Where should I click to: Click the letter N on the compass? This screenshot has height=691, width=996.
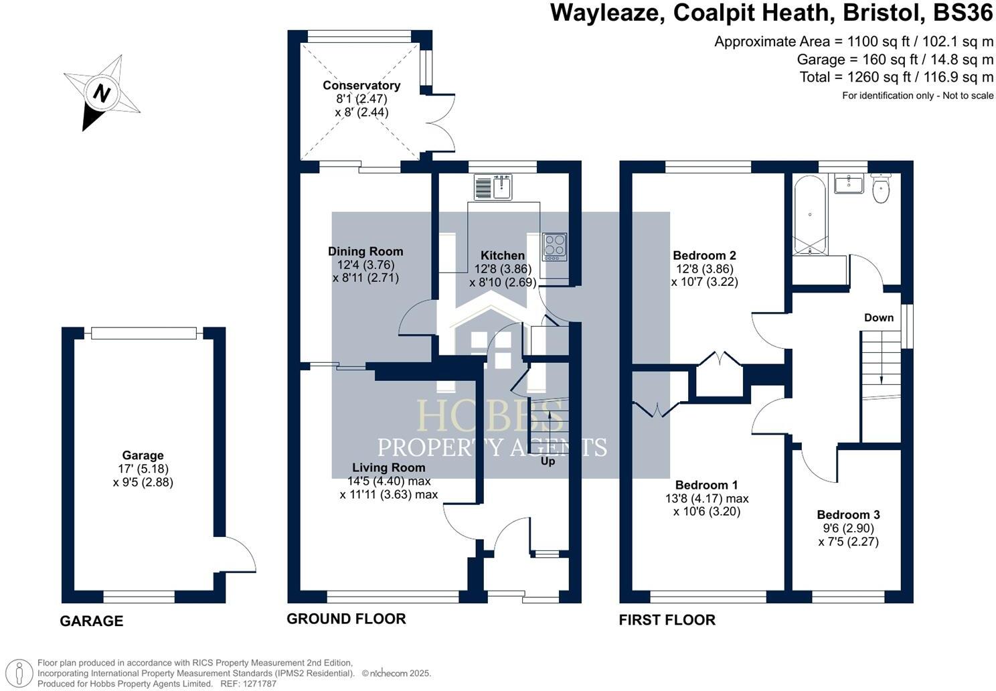coord(102,93)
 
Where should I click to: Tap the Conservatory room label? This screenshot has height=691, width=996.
coord(361,86)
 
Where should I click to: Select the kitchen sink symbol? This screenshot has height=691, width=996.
coord(493,187)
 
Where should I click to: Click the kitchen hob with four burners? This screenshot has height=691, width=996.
coord(554,247)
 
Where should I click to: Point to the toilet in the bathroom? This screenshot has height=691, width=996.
coord(881,188)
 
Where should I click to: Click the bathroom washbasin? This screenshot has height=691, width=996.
coord(849,183)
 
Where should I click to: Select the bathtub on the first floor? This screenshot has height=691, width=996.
coord(810,215)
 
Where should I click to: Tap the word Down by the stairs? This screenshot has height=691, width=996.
coord(879,317)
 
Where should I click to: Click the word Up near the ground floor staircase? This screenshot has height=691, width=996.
coord(548,461)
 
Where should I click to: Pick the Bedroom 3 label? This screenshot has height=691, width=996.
coord(848,514)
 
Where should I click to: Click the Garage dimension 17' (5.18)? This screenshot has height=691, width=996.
coord(143,469)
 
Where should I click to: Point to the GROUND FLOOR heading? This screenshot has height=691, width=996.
coord(346,619)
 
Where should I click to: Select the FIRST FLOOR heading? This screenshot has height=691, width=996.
coord(667,619)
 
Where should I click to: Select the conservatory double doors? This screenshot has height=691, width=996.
coord(443,124)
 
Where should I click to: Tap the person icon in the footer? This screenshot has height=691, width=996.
coord(19,673)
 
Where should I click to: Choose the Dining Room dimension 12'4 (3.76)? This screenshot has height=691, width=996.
coord(365,264)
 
